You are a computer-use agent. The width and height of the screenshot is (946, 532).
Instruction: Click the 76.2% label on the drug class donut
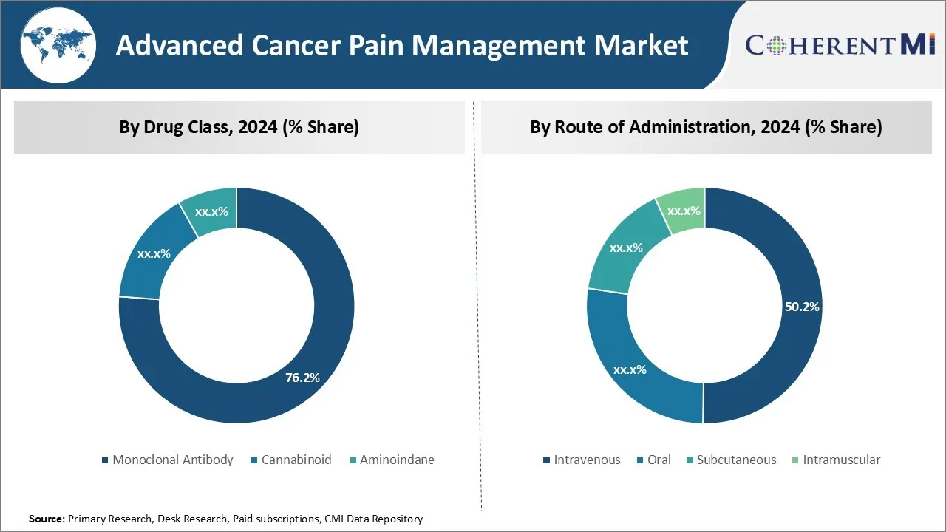tap(302, 378)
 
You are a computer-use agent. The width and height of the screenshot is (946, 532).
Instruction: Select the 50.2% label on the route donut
tap(802, 307)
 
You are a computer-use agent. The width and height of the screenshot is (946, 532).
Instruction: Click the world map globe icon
tap(58, 44)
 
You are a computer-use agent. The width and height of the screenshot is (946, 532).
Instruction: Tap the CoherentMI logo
tap(840, 44)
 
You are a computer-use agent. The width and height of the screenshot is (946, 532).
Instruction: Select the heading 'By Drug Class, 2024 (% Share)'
tap(239, 127)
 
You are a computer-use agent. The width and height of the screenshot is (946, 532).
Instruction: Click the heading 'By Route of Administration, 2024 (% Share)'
tap(706, 127)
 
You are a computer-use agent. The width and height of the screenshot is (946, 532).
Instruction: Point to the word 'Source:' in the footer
tap(47, 519)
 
